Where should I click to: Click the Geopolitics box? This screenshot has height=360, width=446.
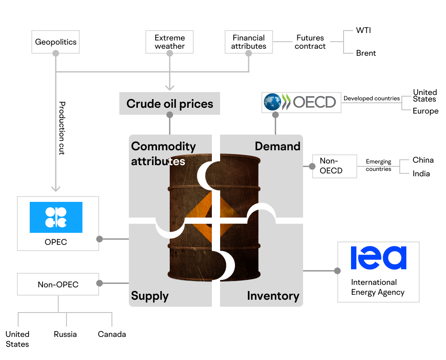click(x=55, y=42)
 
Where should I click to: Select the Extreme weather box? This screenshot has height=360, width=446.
click(x=170, y=42)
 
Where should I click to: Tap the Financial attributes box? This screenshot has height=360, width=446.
click(x=249, y=42)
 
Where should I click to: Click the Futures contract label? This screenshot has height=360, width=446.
click(x=310, y=42)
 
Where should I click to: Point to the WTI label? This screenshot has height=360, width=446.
click(x=363, y=31)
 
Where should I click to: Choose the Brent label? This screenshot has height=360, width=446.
click(x=366, y=53)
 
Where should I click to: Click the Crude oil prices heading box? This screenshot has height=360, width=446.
click(x=170, y=104)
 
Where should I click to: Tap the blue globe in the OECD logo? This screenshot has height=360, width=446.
click(x=272, y=102)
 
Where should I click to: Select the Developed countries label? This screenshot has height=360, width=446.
click(x=372, y=98)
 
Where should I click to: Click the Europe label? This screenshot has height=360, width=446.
click(x=425, y=111)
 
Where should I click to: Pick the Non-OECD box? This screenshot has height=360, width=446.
click(x=334, y=166)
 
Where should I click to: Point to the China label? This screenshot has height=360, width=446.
click(x=423, y=160)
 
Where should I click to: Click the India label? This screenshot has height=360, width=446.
click(x=421, y=173)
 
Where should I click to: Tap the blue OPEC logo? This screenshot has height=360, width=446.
click(x=56, y=217)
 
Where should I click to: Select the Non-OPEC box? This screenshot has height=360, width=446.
click(x=58, y=284)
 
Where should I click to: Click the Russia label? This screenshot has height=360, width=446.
click(x=65, y=334)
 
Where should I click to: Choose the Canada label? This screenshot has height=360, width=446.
click(x=112, y=334)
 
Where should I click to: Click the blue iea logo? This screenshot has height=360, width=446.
click(x=379, y=258)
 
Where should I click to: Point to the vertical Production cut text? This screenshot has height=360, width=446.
click(x=62, y=128)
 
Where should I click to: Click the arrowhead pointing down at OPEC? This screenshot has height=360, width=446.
click(x=56, y=189)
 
